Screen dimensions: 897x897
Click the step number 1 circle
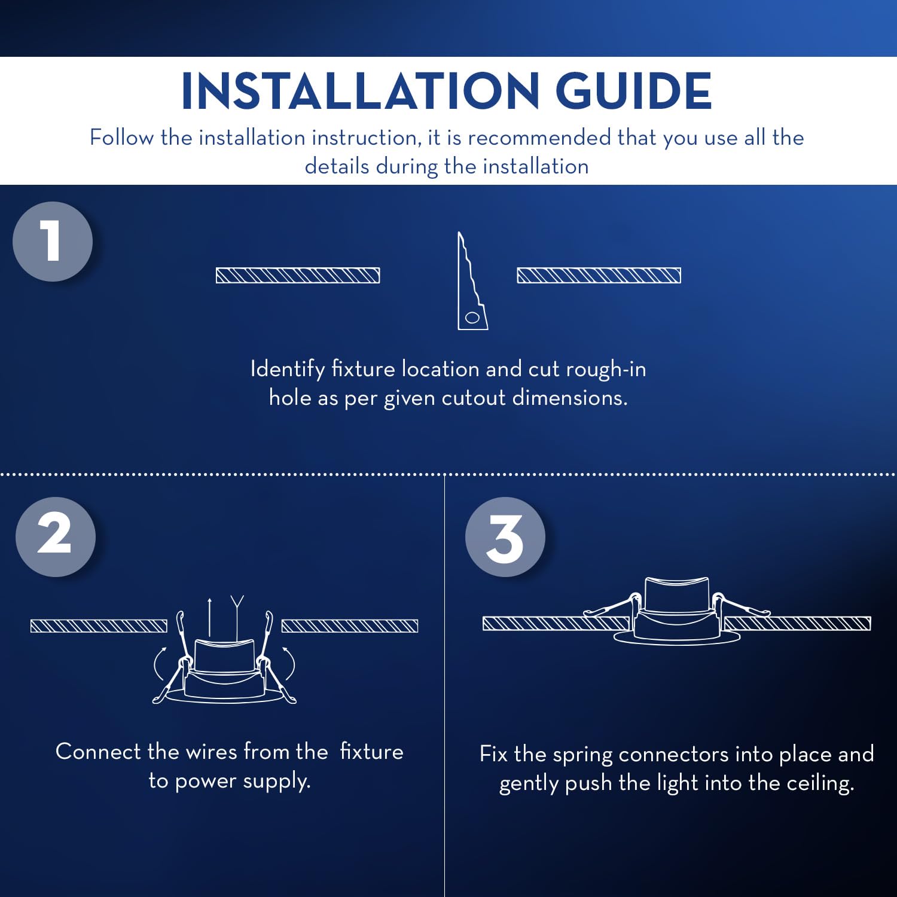[53, 242]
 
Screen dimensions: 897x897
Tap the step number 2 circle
[56, 537]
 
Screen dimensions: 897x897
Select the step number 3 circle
[505, 537]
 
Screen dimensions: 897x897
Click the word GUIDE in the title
[634, 91]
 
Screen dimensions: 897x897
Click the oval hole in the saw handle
[472, 318]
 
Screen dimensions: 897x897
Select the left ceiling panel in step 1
[298, 275]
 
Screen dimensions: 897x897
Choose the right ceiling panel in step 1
[599, 275]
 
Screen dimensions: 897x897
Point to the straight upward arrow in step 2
[209, 617]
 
